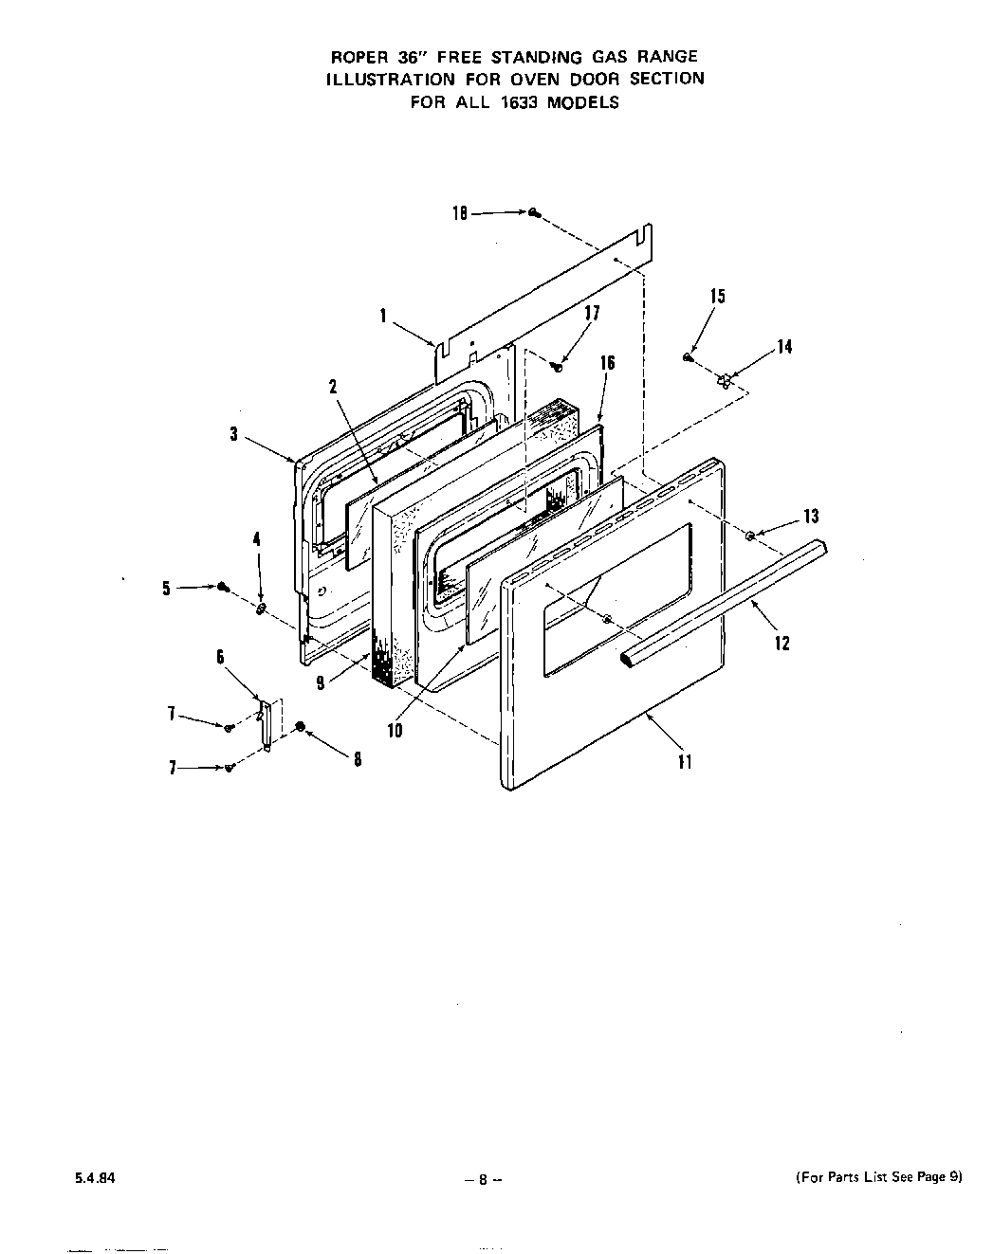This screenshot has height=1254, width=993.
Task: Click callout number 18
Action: [459, 214]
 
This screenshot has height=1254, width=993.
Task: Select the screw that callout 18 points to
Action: [535, 213]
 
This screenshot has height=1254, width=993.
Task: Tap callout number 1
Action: [383, 317]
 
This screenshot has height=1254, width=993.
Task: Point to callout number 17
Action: [593, 313]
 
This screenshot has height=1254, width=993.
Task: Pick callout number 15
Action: [717, 296]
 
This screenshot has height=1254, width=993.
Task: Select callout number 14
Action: [784, 347]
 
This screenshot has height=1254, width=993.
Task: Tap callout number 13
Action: [810, 517]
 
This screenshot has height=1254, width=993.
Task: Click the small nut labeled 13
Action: [750, 536]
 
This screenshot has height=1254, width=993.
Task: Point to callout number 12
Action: [782, 643]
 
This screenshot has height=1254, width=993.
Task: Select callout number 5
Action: [167, 589]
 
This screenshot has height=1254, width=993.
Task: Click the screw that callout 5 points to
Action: [224, 588]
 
